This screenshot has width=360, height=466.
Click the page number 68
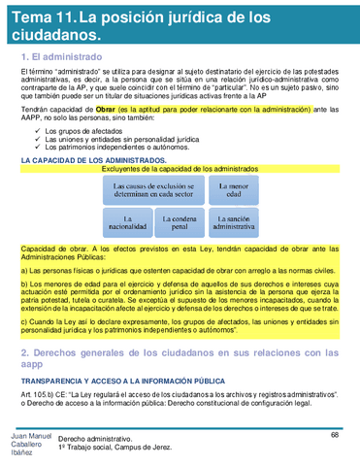(334, 434)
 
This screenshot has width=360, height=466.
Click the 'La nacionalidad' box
(128, 226)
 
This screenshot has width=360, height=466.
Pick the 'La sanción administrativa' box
(233, 226)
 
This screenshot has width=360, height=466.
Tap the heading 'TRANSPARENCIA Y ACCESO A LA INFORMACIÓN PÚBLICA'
(122, 383)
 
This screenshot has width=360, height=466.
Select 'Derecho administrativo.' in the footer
(97, 440)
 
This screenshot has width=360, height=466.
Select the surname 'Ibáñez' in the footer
(19, 456)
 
